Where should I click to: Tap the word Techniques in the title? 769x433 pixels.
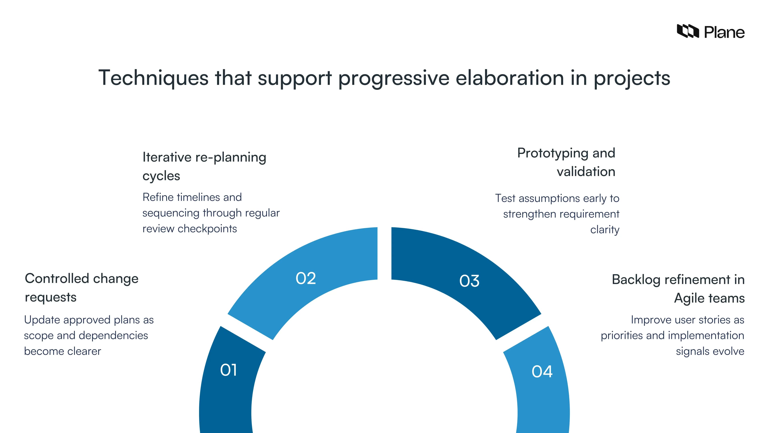tap(153, 78)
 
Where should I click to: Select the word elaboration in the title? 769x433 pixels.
tap(510, 78)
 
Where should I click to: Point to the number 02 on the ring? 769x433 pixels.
tap(306, 278)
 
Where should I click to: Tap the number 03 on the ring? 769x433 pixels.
tap(469, 281)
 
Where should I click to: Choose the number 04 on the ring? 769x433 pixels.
tap(542, 371)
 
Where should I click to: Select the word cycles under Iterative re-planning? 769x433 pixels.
tap(161, 176)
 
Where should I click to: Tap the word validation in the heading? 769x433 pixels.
tap(586, 172)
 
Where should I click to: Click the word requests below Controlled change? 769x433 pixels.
tap(50, 297)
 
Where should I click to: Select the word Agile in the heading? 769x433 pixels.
tap(689, 298)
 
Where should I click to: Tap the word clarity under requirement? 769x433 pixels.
tap(605, 230)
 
